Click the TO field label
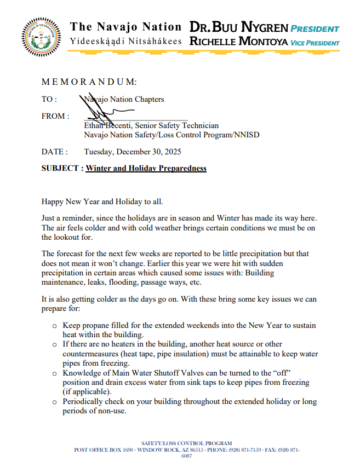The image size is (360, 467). coord(49,99)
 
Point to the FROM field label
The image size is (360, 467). coord(55,116)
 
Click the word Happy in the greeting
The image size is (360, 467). coord(53,202)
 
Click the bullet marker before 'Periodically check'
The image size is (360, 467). coord(54,402)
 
